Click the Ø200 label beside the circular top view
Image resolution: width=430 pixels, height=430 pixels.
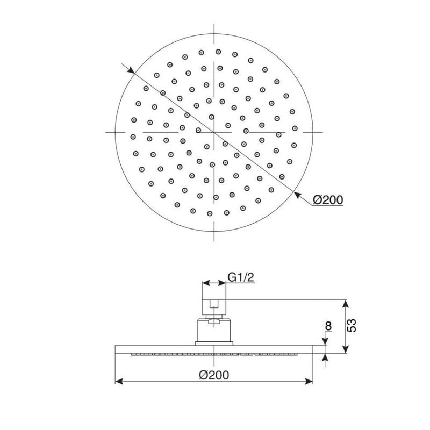click(x=327, y=200)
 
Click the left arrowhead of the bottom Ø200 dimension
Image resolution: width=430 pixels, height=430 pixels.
click(x=119, y=381)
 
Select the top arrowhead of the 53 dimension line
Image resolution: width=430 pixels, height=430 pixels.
click(x=345, y=303)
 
